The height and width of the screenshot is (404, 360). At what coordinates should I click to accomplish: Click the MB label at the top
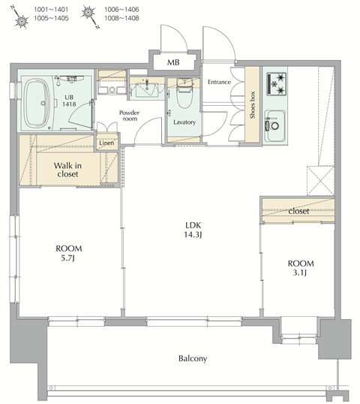pyautogui.click(x=173, y=62)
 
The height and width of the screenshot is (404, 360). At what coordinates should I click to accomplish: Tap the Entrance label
pyautogui.click(x=218, y=82)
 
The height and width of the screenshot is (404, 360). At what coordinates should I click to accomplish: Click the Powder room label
pyautogui.click(x=129, y=116)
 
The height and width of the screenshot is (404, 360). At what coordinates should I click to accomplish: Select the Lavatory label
pyautogui.click(x=183, y=122)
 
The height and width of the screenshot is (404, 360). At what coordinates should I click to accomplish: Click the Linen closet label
pyautogui.click(x=106, y=142)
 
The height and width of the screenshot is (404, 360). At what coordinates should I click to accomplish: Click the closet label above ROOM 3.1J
pyautogui.click(x=298, y=211)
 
